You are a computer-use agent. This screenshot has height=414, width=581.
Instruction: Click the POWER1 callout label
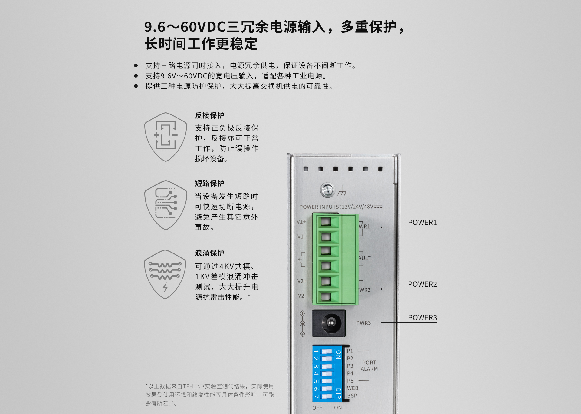coord(422,223)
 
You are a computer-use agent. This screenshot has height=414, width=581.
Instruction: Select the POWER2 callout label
coord(422,284)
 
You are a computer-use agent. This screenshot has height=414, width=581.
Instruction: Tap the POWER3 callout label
coord(422,318)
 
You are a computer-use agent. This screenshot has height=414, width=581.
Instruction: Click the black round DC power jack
coord(329,323)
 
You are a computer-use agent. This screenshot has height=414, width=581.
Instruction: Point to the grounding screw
coord(327,190)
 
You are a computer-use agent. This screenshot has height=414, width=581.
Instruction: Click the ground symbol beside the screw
coord(342,191)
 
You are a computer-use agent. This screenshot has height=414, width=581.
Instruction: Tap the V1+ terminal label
coord(301,222)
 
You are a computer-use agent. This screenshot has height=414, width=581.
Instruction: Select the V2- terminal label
coord(302,296)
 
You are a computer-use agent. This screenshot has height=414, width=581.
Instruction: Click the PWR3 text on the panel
coord(363,323)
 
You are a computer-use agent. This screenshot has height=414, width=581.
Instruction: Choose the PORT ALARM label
coord(369,366)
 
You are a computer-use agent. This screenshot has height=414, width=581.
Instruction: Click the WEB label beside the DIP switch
coord(353,388)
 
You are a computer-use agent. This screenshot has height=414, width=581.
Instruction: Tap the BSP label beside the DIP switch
coord(352,396)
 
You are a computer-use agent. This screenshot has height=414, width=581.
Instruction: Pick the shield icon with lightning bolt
coord(165,274)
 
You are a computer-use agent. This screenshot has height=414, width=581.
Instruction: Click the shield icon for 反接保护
coord(166,137)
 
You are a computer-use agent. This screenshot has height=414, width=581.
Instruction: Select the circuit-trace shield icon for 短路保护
coord(166,205)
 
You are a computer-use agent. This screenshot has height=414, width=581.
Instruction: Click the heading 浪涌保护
coord(210,253)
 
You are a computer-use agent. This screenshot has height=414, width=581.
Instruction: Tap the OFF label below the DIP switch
coord(317,408)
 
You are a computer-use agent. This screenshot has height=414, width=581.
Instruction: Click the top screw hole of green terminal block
coord(326,222)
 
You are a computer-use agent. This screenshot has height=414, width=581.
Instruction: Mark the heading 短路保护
coord(210,183)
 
